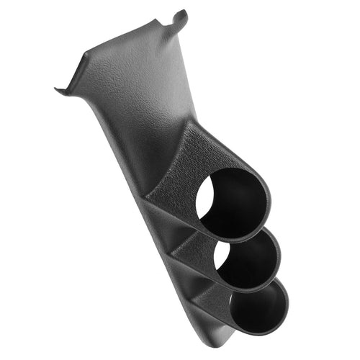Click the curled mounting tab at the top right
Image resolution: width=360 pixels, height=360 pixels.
click(x=181, y=18)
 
